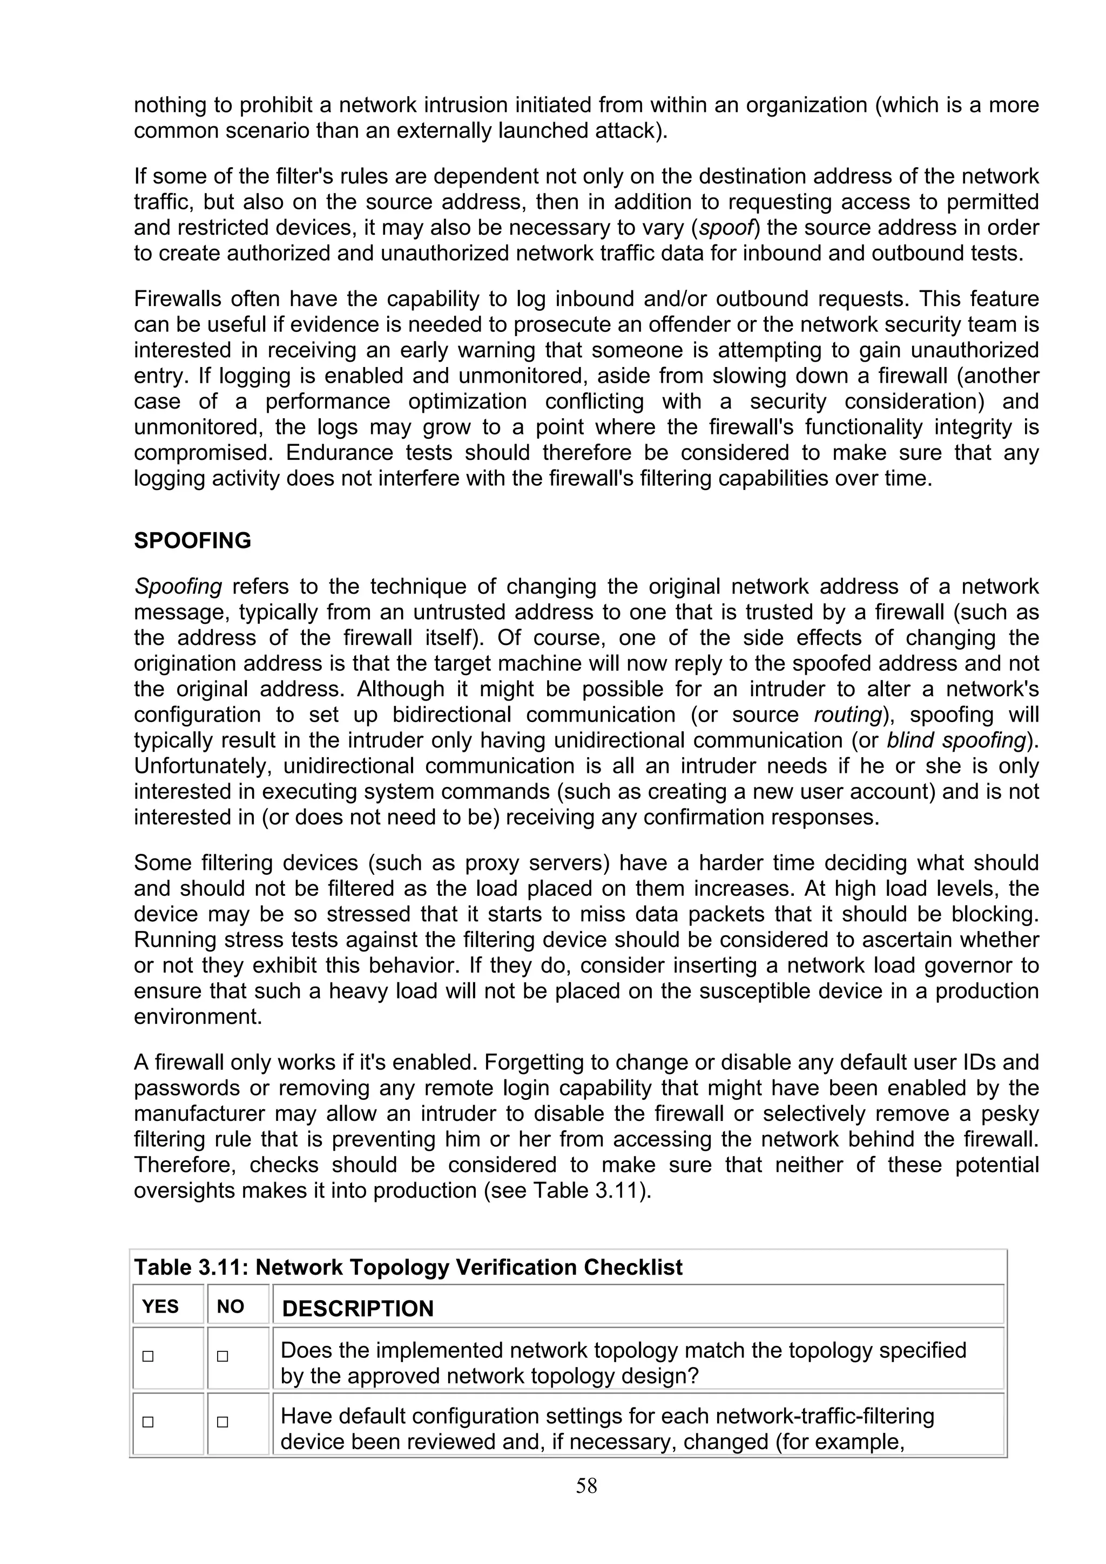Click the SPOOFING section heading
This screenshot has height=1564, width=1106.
click(x=192, y=540)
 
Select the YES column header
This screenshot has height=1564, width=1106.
click(x=160, y=1306)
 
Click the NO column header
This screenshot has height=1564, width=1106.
click(x=231, y=1306)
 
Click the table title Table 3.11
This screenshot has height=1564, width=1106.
click(x=408, y=1267)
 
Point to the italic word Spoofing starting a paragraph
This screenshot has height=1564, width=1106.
click(x=178, y=587)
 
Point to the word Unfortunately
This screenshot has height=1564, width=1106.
click(x=203, y=766)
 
